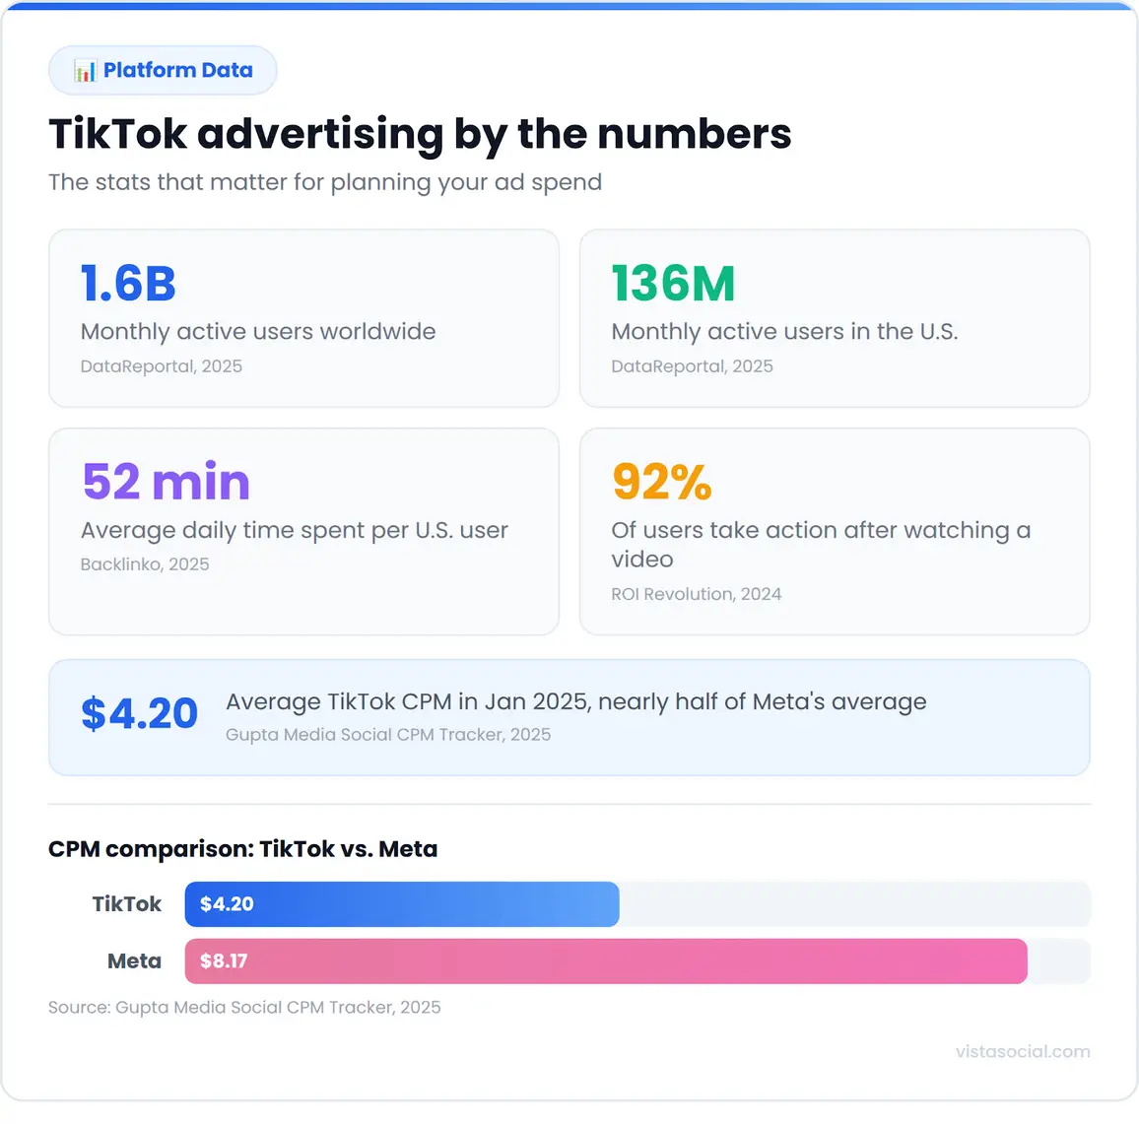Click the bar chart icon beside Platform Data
click(85, 71)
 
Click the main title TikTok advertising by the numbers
click(420, 134)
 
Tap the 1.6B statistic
click(128, 284)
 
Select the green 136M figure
click(673, 284)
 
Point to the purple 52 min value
click(166, 482)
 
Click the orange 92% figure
click(661, 482)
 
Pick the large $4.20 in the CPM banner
click(139, 714)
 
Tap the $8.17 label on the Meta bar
click(224, 961)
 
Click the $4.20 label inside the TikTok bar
click(227, 904)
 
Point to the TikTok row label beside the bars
click(126, 904)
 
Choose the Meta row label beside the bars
click(134, 961)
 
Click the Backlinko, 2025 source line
click(145, 564)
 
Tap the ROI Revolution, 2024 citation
click(696, 594)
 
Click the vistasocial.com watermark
click(1022, 1051)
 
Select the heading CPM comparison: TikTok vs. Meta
click(242, 849)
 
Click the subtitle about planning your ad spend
click(324, 182)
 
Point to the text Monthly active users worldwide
click(258, 332)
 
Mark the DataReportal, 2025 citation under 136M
click(692, 366)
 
